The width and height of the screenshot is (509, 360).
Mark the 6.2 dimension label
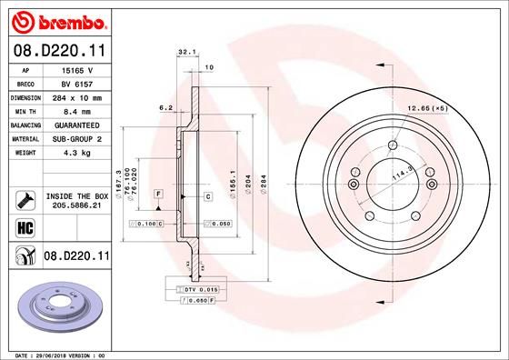coord(165,107)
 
